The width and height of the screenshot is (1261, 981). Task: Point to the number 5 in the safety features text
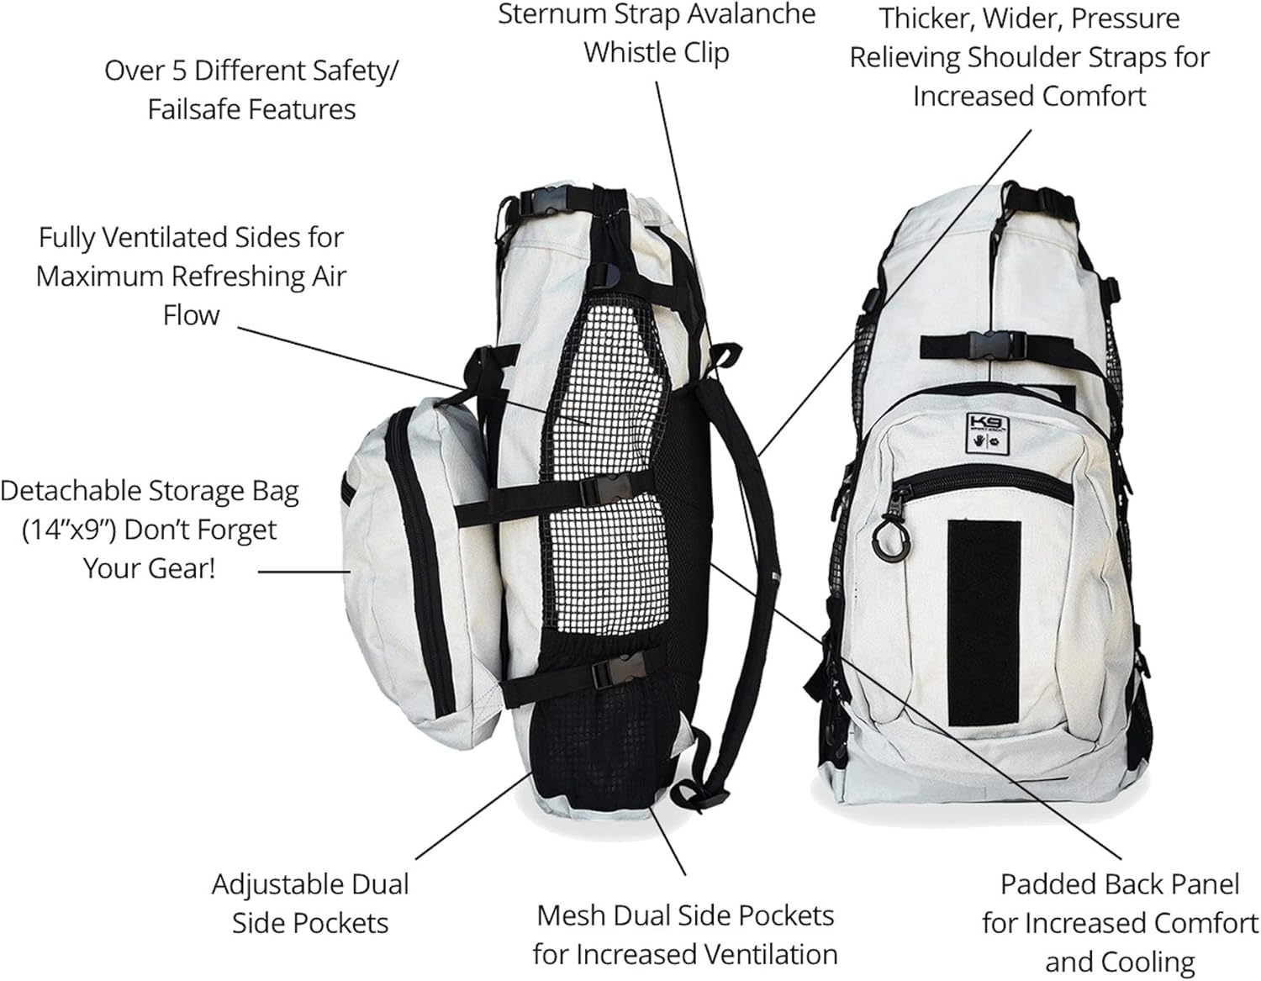[179, 71]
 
